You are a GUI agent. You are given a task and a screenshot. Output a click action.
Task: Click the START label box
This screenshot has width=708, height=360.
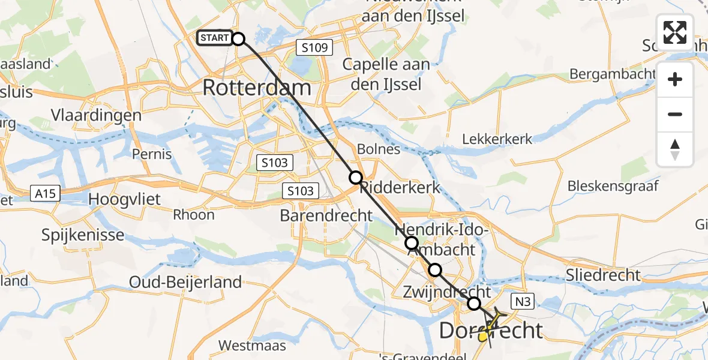coord(214,38)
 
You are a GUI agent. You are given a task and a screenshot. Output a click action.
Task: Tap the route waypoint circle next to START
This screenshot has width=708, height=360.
coord(238,39)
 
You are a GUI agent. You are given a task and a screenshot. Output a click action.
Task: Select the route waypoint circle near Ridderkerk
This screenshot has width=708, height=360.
coord(356,178)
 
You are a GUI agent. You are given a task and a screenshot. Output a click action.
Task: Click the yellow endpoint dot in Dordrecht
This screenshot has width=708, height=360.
coord(483,337)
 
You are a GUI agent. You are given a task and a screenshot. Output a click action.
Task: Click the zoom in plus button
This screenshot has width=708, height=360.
coord(675,80)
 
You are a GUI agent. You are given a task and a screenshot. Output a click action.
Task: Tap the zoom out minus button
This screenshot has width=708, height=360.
coord(675,114)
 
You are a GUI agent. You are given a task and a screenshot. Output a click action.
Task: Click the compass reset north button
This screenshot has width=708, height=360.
coord(675,149)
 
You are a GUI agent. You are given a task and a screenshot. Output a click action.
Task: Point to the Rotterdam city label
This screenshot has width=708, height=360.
coord(257,88)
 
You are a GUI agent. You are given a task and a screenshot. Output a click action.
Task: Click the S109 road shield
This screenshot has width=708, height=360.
coord(314,47)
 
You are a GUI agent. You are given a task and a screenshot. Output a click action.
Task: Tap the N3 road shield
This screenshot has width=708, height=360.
coord(519,298)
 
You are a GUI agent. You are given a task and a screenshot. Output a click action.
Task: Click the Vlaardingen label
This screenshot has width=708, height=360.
coord(96,115)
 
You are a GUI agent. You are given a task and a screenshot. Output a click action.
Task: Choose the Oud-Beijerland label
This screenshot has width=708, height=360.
coord(185,281)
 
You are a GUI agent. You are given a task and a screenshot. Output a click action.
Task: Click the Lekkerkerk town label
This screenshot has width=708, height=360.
coord(497,139)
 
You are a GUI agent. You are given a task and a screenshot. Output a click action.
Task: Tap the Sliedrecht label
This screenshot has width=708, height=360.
coord(603,275)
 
